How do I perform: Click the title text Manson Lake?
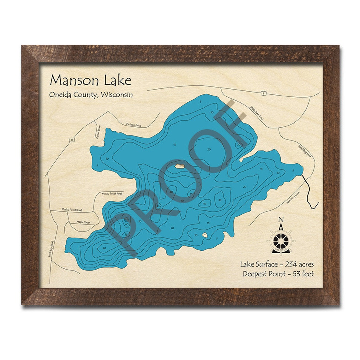(x=90, y=80)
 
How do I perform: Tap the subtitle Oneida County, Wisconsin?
(x=91, y=95)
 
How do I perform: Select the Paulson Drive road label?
(x=134, y=125)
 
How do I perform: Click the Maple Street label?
(x=83, y=222)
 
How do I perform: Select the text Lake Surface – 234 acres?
(x=277, y=264)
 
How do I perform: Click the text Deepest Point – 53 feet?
(x=278, y=273)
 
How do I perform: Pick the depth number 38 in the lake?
(x=220, y=200)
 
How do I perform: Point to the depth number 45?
(x=158, y=206)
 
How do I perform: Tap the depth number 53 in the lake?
(x=126, y=219)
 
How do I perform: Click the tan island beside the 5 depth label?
(x=180, y=165)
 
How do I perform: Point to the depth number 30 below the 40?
(x=182, y=201)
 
